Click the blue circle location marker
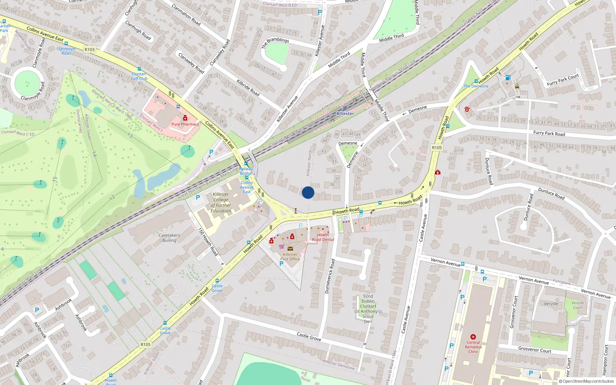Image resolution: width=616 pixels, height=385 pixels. click(308, 192)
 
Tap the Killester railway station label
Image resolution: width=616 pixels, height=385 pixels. click(345, 114)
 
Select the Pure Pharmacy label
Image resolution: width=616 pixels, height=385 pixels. click(185, 124)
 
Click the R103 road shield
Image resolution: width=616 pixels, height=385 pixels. click(89, 50)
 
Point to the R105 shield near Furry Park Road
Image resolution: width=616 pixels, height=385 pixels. click(437, 147)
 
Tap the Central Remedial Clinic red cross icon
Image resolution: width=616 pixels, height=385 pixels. click(473, 337)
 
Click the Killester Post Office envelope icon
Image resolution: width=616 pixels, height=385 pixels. click(290, 249)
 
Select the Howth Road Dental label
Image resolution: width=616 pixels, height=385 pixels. click(323, 237)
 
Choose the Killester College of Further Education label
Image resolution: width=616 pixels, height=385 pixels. click(221, 203)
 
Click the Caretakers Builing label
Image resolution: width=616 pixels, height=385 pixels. click(169, 238)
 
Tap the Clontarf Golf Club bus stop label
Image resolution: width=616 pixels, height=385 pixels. click(139, 76)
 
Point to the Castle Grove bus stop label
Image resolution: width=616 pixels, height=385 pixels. click(217, 288)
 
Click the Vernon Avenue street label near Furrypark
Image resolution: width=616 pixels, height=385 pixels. click(534, 280)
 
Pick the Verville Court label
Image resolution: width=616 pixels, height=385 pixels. click(577, 305)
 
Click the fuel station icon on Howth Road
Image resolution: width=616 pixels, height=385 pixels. click(508, 77)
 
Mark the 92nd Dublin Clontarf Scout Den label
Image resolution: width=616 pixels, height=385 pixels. click(368, 309)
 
